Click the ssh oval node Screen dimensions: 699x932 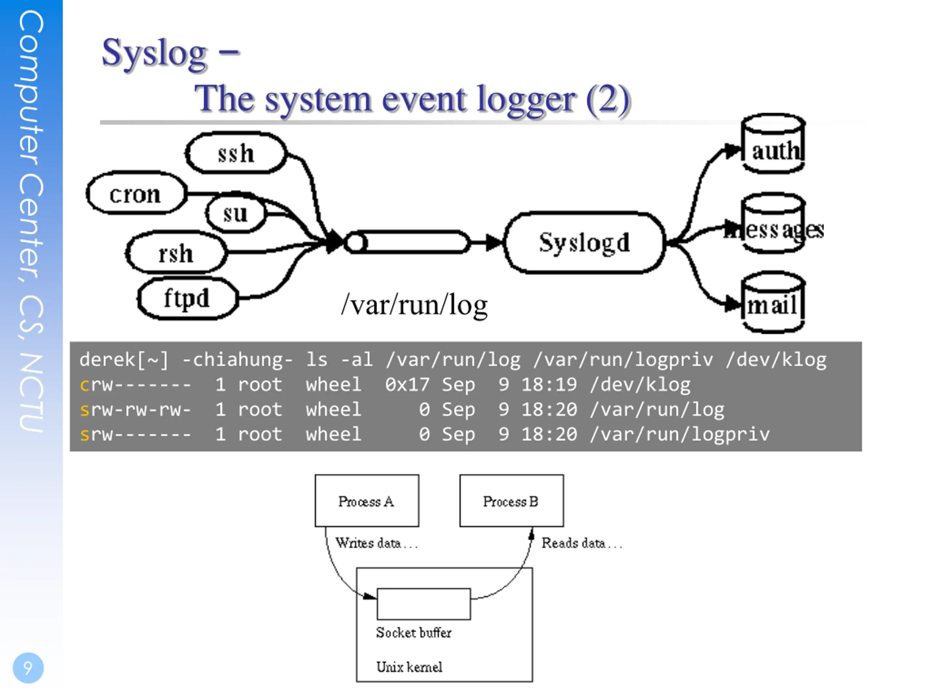click(x=236, y=153)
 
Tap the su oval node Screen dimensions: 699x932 click(x=235, y=214)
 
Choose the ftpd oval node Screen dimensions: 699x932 click(x=187, y=298)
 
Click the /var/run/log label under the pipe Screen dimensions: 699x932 click(x=414, y=305)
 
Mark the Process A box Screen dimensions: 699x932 click(x=367, y=501)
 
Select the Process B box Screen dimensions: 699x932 click(x=511, y=501)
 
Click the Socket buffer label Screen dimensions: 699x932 click(x=413, y=632)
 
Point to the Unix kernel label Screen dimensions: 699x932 click(x=409, y=667)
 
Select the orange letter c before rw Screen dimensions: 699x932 click(x=84, y=385)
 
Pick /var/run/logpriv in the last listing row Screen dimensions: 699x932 click(x=680, y=434)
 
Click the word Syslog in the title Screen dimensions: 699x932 click(x=154, y=54)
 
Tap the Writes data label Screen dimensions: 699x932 click(x=368, y=543)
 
